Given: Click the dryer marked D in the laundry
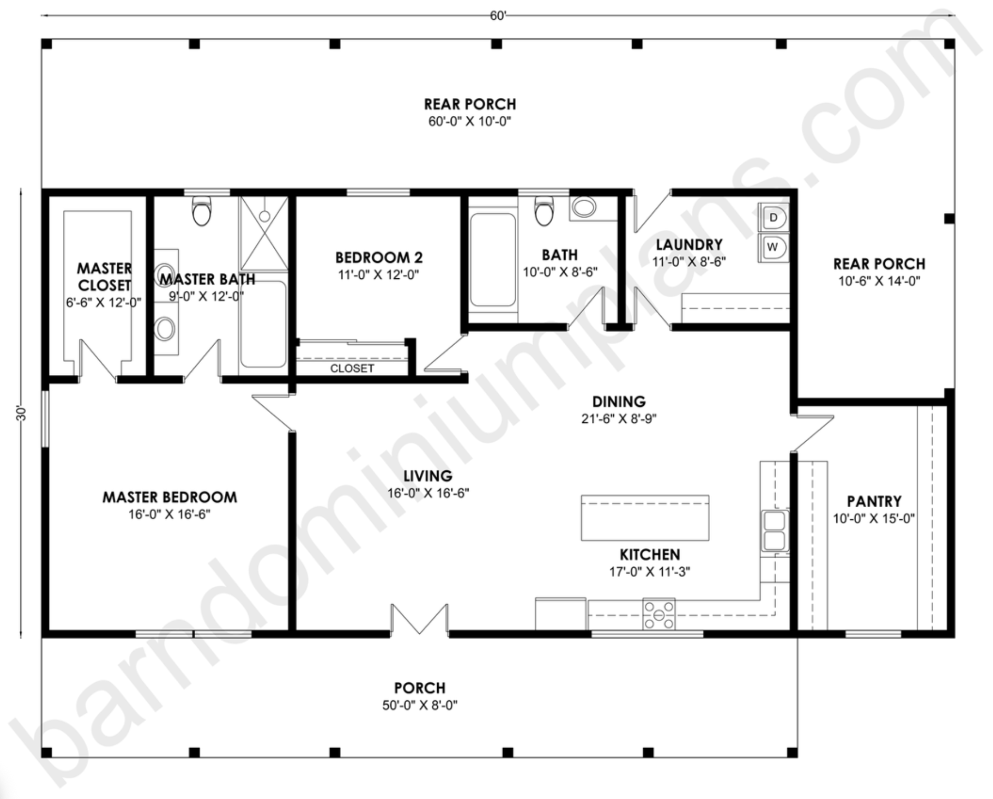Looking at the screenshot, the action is click(774, 217).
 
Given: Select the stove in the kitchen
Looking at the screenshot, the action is click(659, 615).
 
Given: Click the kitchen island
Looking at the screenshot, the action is click(645, 518).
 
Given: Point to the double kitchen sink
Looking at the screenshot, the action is click(775, 531).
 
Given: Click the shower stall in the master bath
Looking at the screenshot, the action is click(264, 233).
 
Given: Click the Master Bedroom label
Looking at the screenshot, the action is click(170, 497).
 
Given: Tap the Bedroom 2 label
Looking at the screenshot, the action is click(378, 257).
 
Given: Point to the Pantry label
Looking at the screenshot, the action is click(874, 501).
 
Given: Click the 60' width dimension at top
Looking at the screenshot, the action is click(498, 16).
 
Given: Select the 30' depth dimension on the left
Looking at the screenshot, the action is click(21, 413).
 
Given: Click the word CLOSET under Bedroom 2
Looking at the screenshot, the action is click(352, 369).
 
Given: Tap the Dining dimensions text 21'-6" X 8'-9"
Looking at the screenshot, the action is click(619, 419).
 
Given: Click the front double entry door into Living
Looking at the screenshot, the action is click(419, 620).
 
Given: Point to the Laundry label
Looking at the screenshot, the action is click(689, 245).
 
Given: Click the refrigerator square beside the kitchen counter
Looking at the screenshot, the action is click(561, 614).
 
